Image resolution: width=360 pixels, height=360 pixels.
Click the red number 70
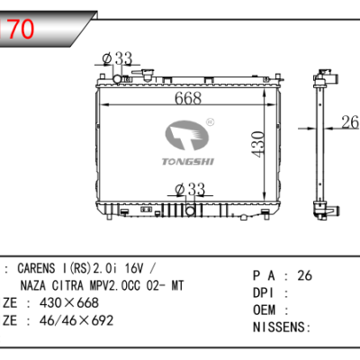[22, 30]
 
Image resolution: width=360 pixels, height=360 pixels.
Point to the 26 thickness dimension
[347, 123]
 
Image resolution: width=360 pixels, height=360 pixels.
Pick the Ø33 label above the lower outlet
[190, 189]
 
